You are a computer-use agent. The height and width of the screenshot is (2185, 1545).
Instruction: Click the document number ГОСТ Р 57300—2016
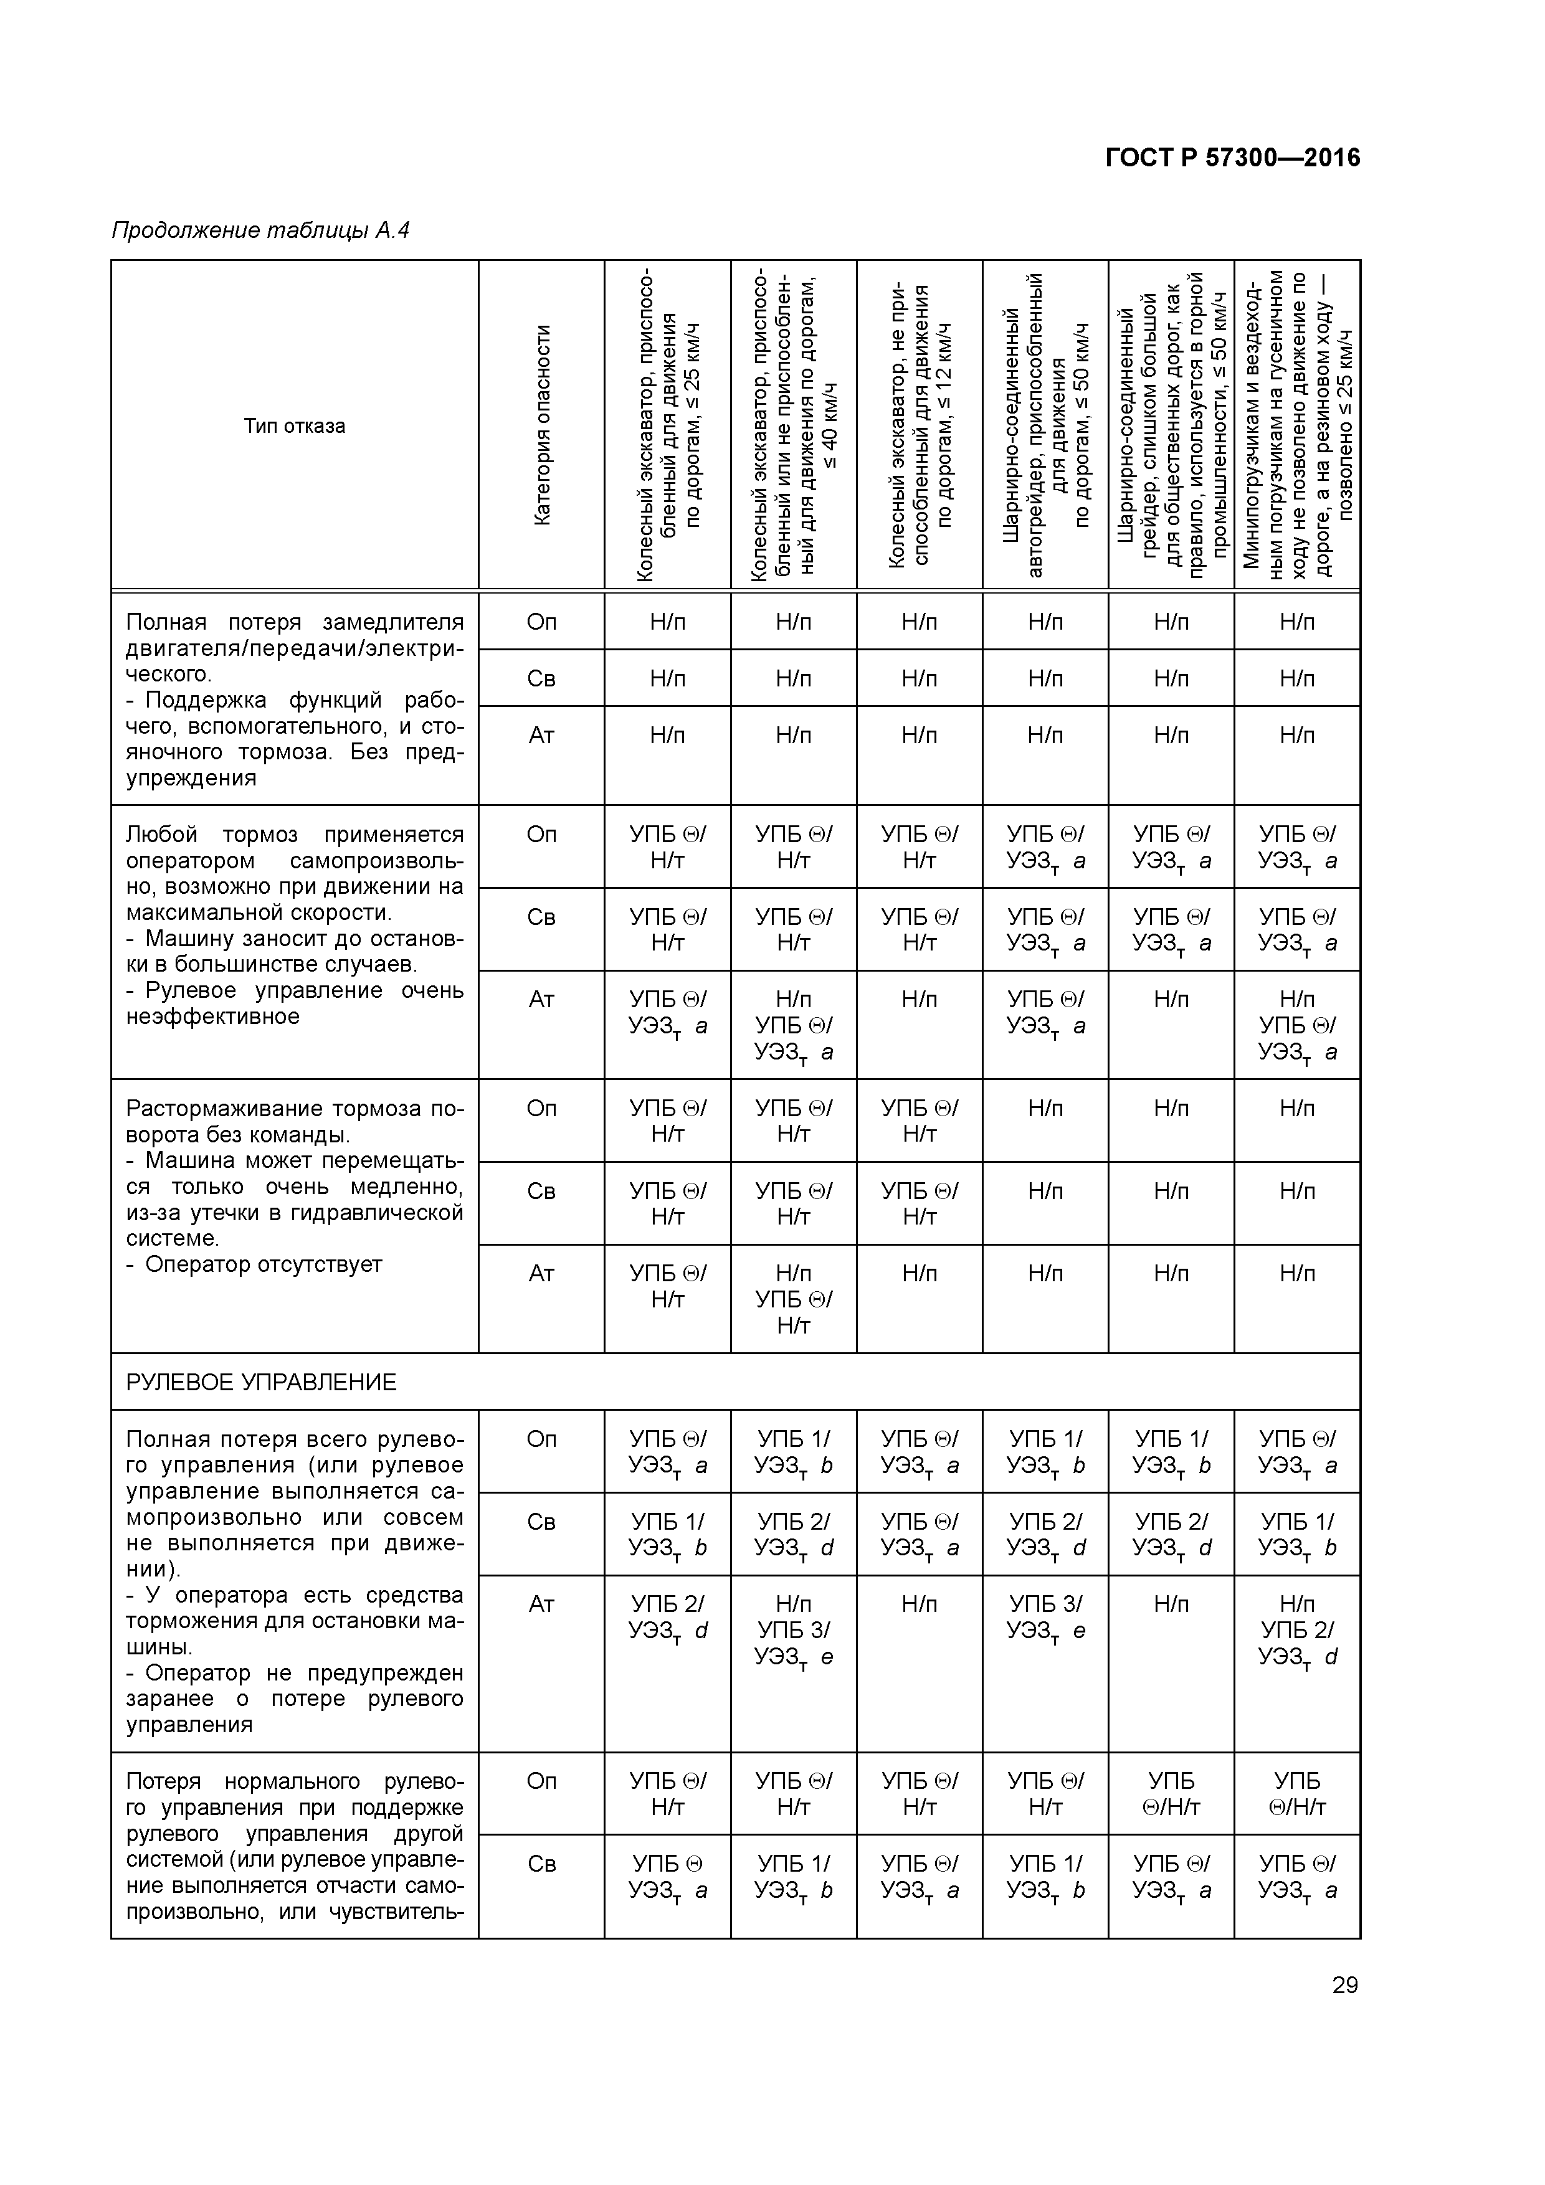tap(1233, 158)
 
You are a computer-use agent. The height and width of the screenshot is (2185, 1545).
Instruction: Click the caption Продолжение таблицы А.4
tap(260, 230)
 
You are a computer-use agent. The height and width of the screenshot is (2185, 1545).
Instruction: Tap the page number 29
tap(1344, 1985)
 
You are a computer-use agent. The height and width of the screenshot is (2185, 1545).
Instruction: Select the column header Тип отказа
tap(294, 425)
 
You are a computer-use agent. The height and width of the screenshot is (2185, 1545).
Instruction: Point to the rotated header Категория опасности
tap(541, 425)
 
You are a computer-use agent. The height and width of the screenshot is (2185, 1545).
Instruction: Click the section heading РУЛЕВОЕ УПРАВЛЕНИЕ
tap(261, 1382)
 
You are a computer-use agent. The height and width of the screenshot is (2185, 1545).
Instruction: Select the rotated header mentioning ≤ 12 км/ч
tap(920, 425)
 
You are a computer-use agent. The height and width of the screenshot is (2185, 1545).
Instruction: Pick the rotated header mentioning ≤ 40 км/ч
tap(793, 425)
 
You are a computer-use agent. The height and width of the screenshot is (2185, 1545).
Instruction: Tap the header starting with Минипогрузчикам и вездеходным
tap(1296, 425)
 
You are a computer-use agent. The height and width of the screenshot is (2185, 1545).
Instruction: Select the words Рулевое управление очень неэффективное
tap(294, 1003)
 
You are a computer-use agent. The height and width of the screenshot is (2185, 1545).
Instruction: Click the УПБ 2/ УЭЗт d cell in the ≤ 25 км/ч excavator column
tap(667, 1617)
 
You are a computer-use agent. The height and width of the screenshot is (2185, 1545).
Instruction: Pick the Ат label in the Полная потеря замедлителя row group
tap(541, 735)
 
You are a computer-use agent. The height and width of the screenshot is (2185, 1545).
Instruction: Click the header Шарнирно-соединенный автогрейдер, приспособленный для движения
tap(1045, 425)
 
